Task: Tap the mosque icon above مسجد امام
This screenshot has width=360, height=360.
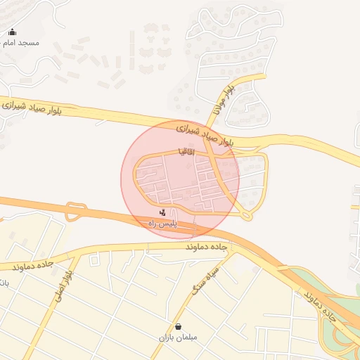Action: [x=12, y=32]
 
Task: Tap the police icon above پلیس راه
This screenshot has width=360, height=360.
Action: [x=163, y=212]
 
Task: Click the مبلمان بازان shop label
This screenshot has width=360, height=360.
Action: [x=178, y=337]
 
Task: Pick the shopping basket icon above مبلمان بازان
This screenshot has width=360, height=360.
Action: [x=178, y=326]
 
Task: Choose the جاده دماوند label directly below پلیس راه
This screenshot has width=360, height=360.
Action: [x=208, y=248]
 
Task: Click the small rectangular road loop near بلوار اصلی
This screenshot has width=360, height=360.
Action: [x=76, y=212]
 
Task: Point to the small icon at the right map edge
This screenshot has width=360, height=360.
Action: [x=355, y=207]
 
